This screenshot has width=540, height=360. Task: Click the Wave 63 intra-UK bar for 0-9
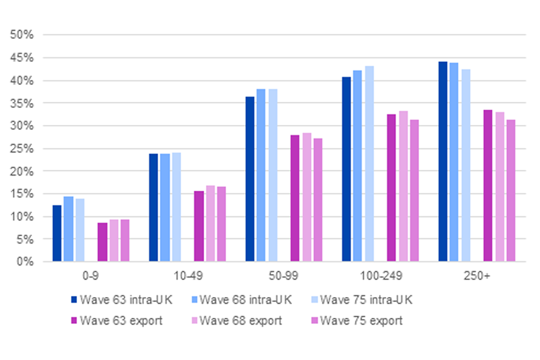click(x=57, y=233)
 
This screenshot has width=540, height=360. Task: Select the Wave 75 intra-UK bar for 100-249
click(x=369, y=164)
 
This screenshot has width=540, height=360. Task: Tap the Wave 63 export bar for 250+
click(x=488, y=186)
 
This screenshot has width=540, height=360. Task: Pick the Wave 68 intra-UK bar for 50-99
click(x=261, y=175)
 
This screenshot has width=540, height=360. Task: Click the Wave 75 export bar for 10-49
click(x=221, y=224)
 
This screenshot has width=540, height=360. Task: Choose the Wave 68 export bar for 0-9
click(x=114, y=240)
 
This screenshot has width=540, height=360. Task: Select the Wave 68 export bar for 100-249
click(x=403, y=186)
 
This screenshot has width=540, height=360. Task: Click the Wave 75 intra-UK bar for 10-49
click(x=176, y=207)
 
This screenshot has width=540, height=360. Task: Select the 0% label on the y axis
click(x=26, y=262)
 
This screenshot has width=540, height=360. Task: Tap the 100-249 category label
click(x=380, y=278)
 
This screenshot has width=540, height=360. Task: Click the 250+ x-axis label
click(x=476, y=278)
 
